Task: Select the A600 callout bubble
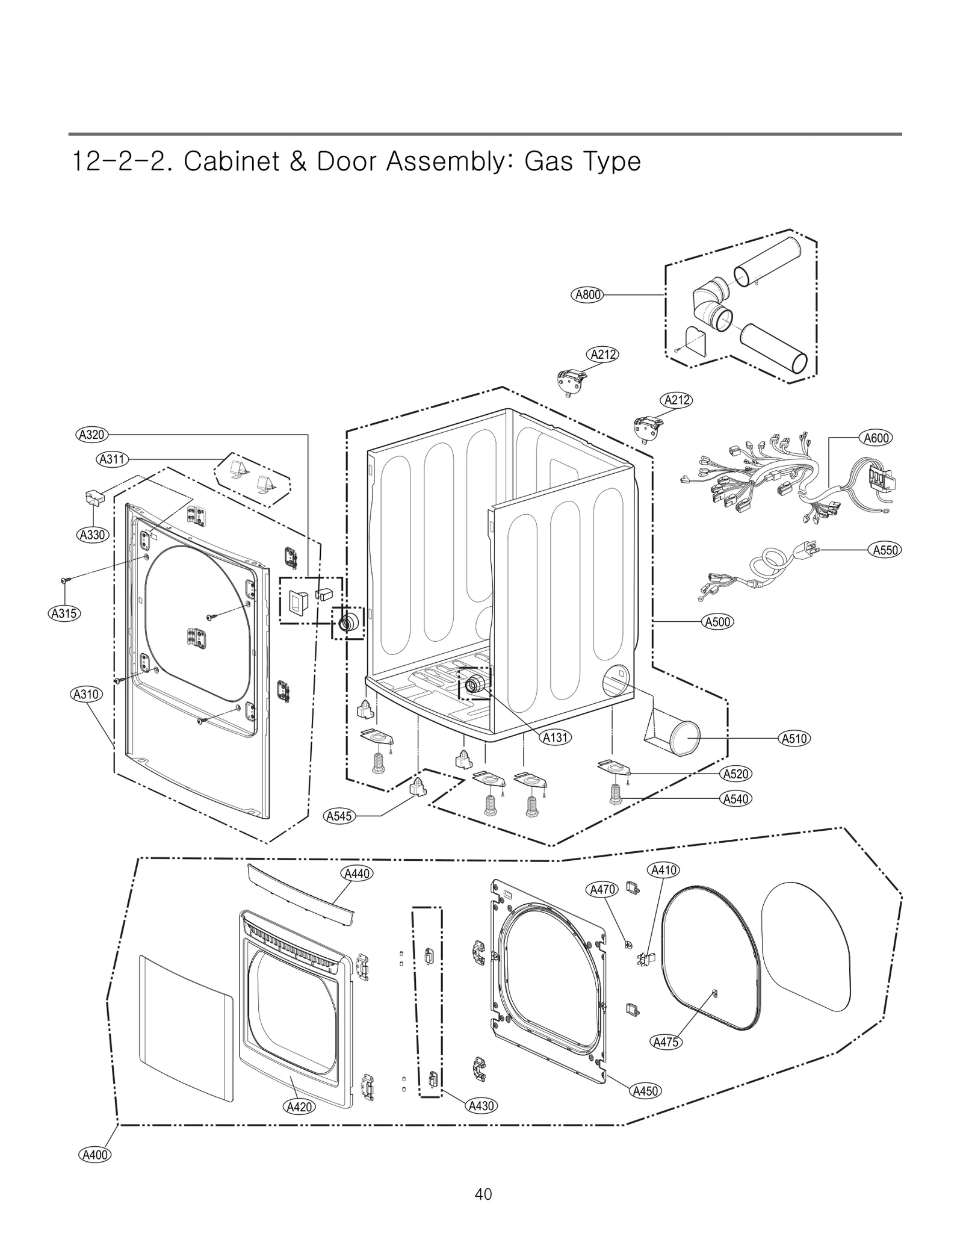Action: tap(876, 438)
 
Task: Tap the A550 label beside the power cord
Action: tap(885, 550)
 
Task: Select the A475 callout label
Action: tap(666, 1041)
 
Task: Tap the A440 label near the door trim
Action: tap(356, 873)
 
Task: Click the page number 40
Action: tap(483, 1194)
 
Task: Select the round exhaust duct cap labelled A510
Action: tap(684, 738)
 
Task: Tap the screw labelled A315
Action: tap(64, 580)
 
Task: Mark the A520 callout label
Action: tap(735, 774)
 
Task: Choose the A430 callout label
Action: tap(480, 1105)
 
